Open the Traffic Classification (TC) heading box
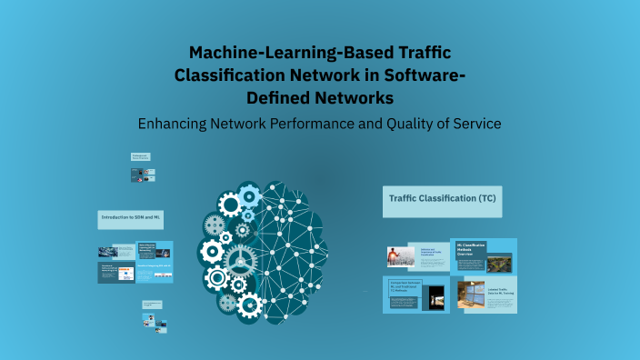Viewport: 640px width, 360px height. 442,201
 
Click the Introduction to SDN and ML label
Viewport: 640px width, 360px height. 130,219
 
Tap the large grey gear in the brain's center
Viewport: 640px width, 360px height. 241,258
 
